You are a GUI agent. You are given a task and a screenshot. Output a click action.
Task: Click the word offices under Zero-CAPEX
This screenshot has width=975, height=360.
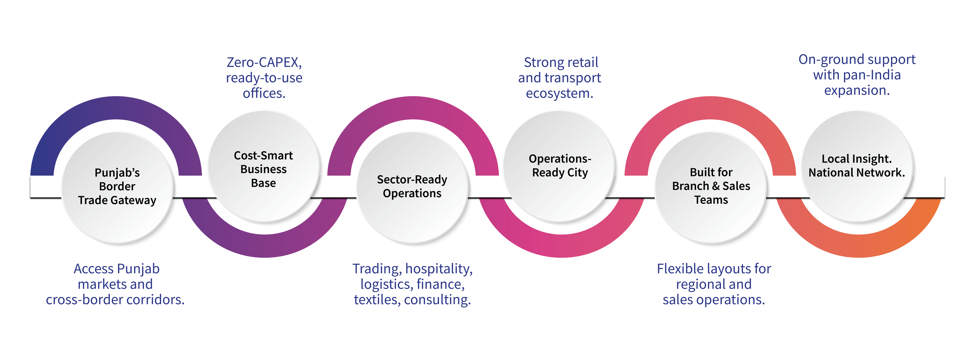pyautogui.click(x=264, y=93)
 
